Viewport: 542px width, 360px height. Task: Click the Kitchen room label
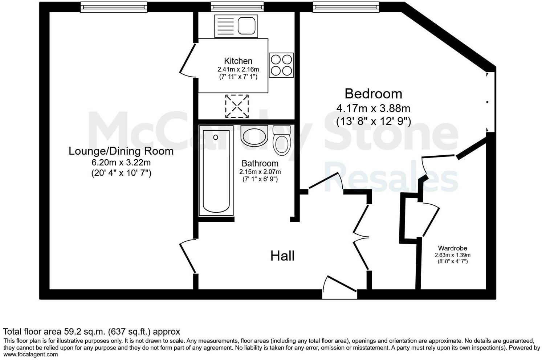point(238,61)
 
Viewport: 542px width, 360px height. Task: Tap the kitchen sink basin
point(247,26)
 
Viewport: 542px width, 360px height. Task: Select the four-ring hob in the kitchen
point(281,65)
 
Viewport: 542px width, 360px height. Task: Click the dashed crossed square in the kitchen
point(237,106)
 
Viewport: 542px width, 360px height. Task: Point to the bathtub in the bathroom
point(216,171)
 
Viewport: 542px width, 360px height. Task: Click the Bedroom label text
point(373,94)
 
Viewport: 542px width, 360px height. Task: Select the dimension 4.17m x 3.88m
point(373,108)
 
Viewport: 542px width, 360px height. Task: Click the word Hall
point(282,256)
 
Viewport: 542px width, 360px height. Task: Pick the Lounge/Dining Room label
point(121,151)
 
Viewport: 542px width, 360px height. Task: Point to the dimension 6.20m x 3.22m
point(121,162)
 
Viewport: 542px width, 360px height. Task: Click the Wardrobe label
point(452,248)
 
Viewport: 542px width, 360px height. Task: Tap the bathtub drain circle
point(216,137)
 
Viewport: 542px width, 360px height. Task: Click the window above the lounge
point(114,7)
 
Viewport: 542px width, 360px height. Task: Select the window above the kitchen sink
point(232,7)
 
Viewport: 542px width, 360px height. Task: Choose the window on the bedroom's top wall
point(346,7)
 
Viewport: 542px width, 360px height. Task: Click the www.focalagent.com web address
point(30,355)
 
